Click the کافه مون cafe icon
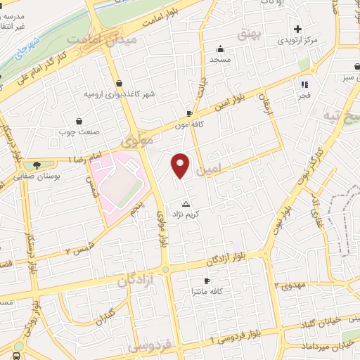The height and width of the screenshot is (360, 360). click(x=189, y=112)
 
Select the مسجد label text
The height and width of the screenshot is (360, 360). click(x=219, y=60)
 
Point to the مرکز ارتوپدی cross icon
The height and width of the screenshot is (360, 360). click(x=298, y=29)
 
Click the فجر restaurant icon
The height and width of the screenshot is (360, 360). click(x=304, y=84)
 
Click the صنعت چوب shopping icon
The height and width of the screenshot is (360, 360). click(x=79, y=121)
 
